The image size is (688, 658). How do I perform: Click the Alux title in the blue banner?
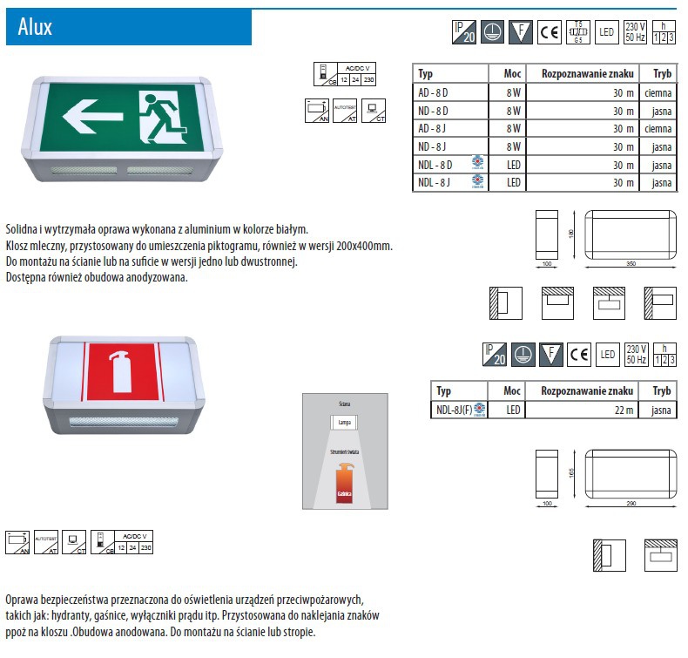35,27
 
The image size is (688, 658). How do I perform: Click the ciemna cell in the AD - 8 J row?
658,129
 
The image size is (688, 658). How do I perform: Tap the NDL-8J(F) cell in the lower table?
455,409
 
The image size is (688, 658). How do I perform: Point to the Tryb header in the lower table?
662,391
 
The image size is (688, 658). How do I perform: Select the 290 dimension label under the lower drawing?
631,504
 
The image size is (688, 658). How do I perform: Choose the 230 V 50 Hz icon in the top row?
636,32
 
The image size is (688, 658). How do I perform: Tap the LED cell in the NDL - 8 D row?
514,165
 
